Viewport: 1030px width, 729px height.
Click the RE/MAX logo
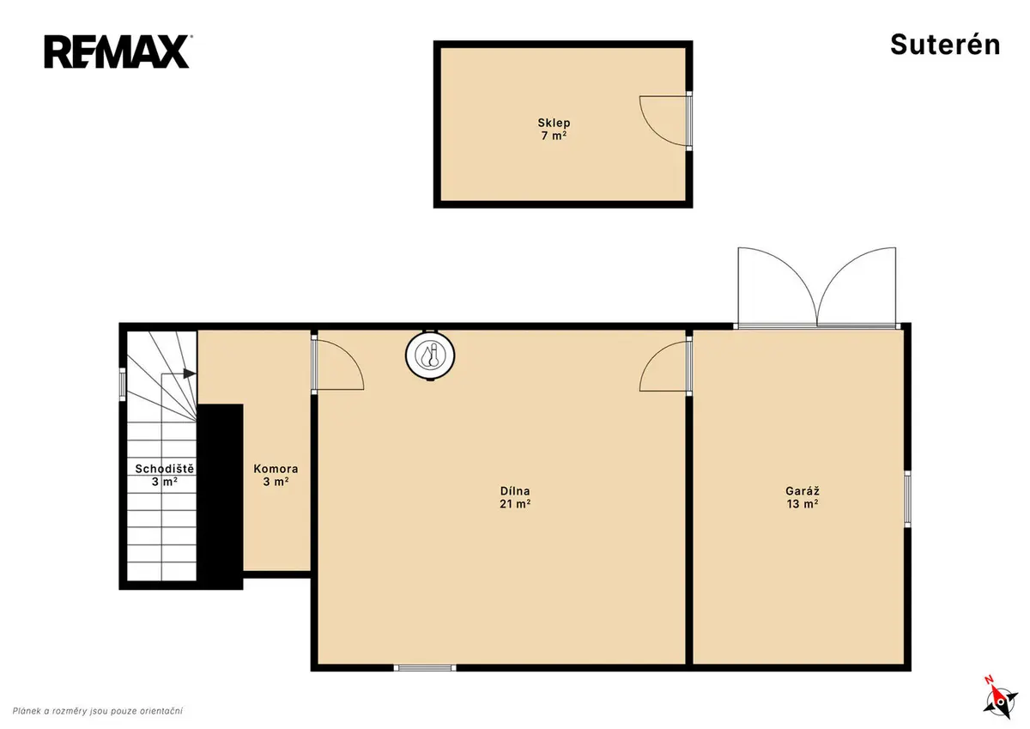[x=118, y=52]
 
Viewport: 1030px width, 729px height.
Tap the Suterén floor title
[x=945, y=45]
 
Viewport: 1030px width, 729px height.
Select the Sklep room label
[x=554, y=123]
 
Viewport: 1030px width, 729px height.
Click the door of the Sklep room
[x=664, y=120]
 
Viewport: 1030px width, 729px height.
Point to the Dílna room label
[x=515, y=491]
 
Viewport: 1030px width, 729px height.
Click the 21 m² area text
[x=515, y=504]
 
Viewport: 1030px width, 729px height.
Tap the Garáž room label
[x=803, y=491]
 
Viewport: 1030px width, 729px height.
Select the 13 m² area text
[x=803, y=504]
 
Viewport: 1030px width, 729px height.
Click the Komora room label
[x=276, y=469]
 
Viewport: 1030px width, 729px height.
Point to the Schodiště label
[x=165, y=469]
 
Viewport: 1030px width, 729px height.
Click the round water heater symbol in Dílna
[x=430, y=355]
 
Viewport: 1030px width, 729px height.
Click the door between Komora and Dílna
[x=339, y=364]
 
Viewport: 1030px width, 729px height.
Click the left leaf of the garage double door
[x=777, y=286]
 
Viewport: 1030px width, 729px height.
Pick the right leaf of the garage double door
[x=857, y=286]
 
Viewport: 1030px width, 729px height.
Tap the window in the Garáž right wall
[x=908, y=499]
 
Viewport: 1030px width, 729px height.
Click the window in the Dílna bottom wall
[x=425, y=667]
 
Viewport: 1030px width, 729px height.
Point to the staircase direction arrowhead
[x=190, y=374]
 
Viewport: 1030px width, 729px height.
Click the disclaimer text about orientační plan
[x=98, y=711]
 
